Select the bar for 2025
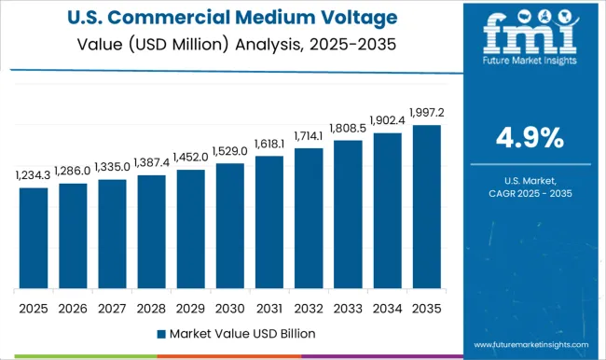point(34,238)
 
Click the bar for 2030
point(229,226)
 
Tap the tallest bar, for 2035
point(426,206)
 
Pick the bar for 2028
point(151,231)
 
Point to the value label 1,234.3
point(34,174)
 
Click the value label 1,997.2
point(426,112)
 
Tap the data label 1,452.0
point(190,157)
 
